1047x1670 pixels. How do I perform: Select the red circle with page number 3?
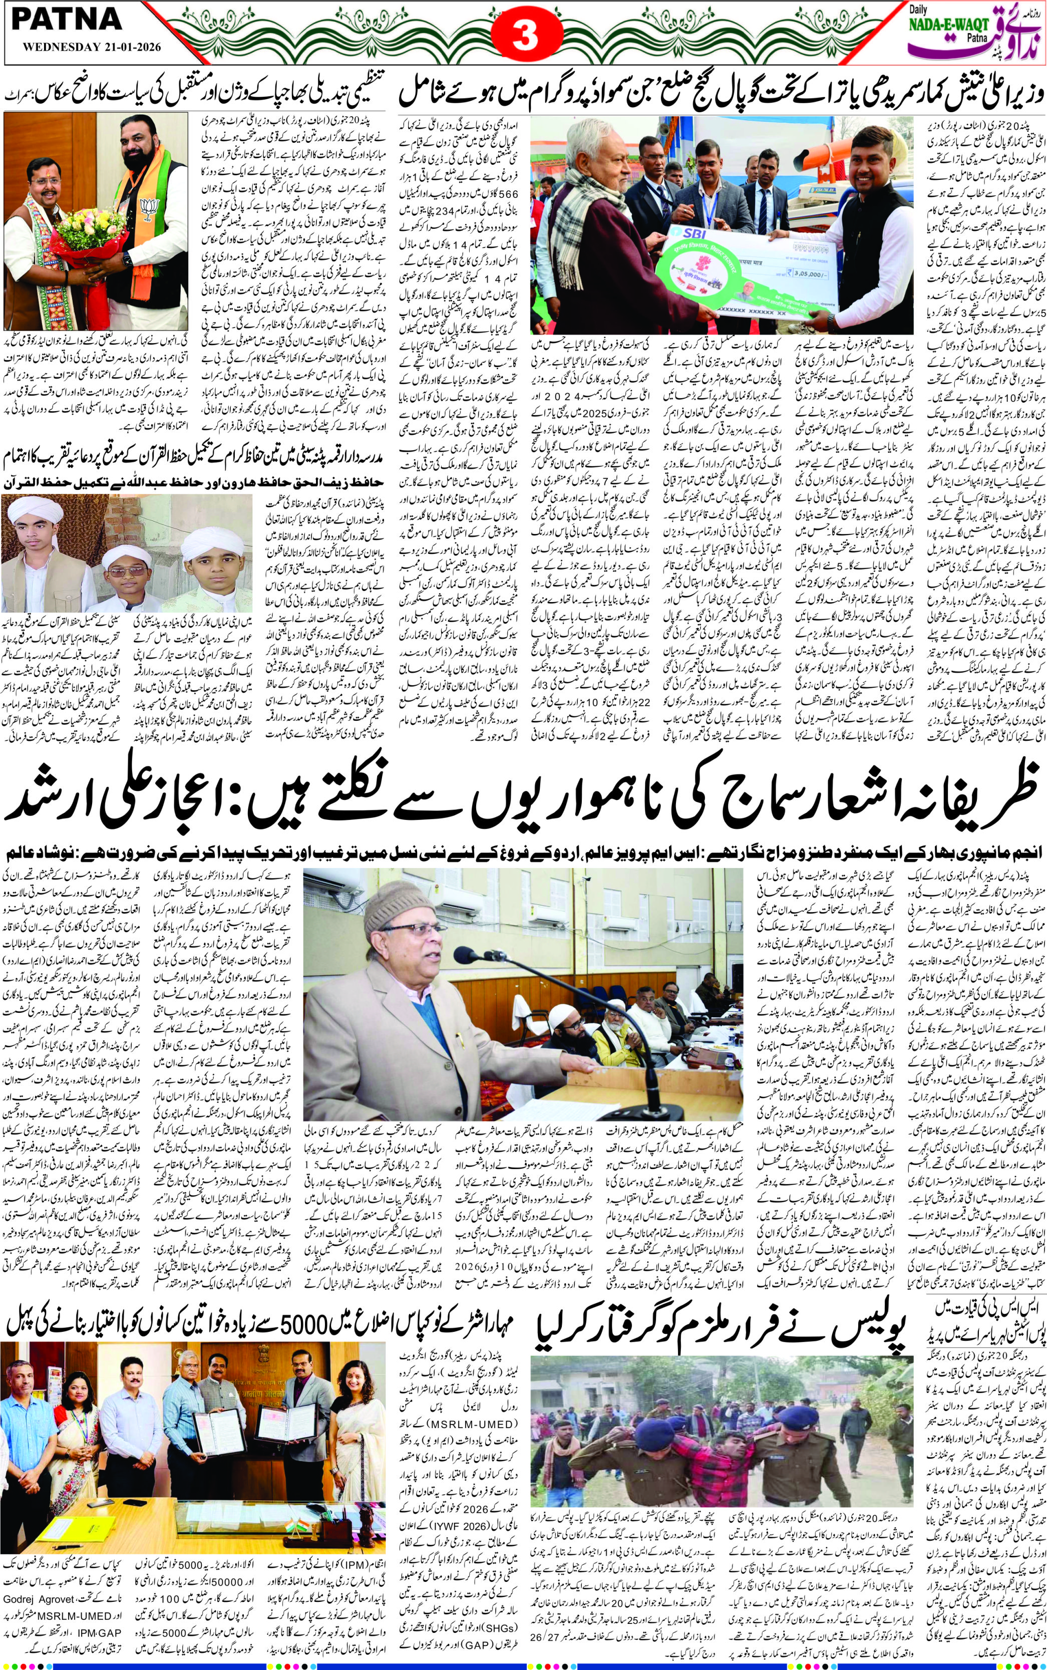tap(524, 37)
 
